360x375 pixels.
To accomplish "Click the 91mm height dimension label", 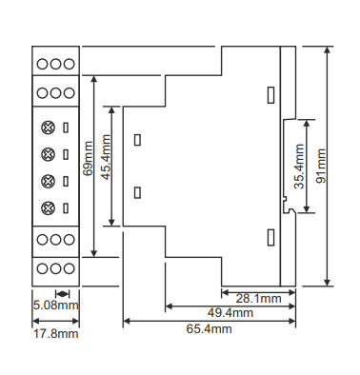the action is pyautogui.click(x=321, y=166).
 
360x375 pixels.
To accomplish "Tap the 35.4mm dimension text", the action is pyautogui.click(x=299, y=167).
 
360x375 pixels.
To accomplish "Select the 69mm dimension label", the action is pyautogui.click(x=88, y=158).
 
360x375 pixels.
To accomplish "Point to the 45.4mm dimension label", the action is pyautogui.click(x=106, y=157).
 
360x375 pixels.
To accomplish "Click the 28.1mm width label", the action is pyautogui.click(x=258, y=299).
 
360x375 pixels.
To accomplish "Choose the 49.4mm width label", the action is pyautogui.click(x=230, y=313).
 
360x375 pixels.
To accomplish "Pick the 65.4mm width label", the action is pyautogui.click(x=209, y=328).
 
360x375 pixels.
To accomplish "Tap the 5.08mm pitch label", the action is pyautogui.click(x=56, y=306).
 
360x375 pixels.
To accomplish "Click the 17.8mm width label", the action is pyautogui.click(x=56, y=334).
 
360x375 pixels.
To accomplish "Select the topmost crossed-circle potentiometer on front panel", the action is pyautogui.click(x=48, y=128).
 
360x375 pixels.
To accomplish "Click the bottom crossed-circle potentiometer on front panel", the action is pyautogui.click(x=48, y=208).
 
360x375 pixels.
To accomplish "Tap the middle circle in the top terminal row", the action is pyautogui.click(x=55, y=64).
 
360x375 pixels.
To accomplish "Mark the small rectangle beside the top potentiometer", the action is pyautogui.click(x=66, y=128).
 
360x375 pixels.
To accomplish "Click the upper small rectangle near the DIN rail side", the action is pyautogui.click(x=270, y=95).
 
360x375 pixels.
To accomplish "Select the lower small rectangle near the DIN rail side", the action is pyautogui.click(x=270, y=237).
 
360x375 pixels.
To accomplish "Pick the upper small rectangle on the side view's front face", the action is pyautogui.click(x=137, y=140).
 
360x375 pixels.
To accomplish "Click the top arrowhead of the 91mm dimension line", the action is pyautogui.click(x=328, y=49).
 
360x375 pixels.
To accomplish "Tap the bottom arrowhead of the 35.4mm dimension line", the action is pyautogui.click(x=307, y=208).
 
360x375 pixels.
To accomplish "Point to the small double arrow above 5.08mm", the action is pyautogui.click(x=62, y=293).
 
